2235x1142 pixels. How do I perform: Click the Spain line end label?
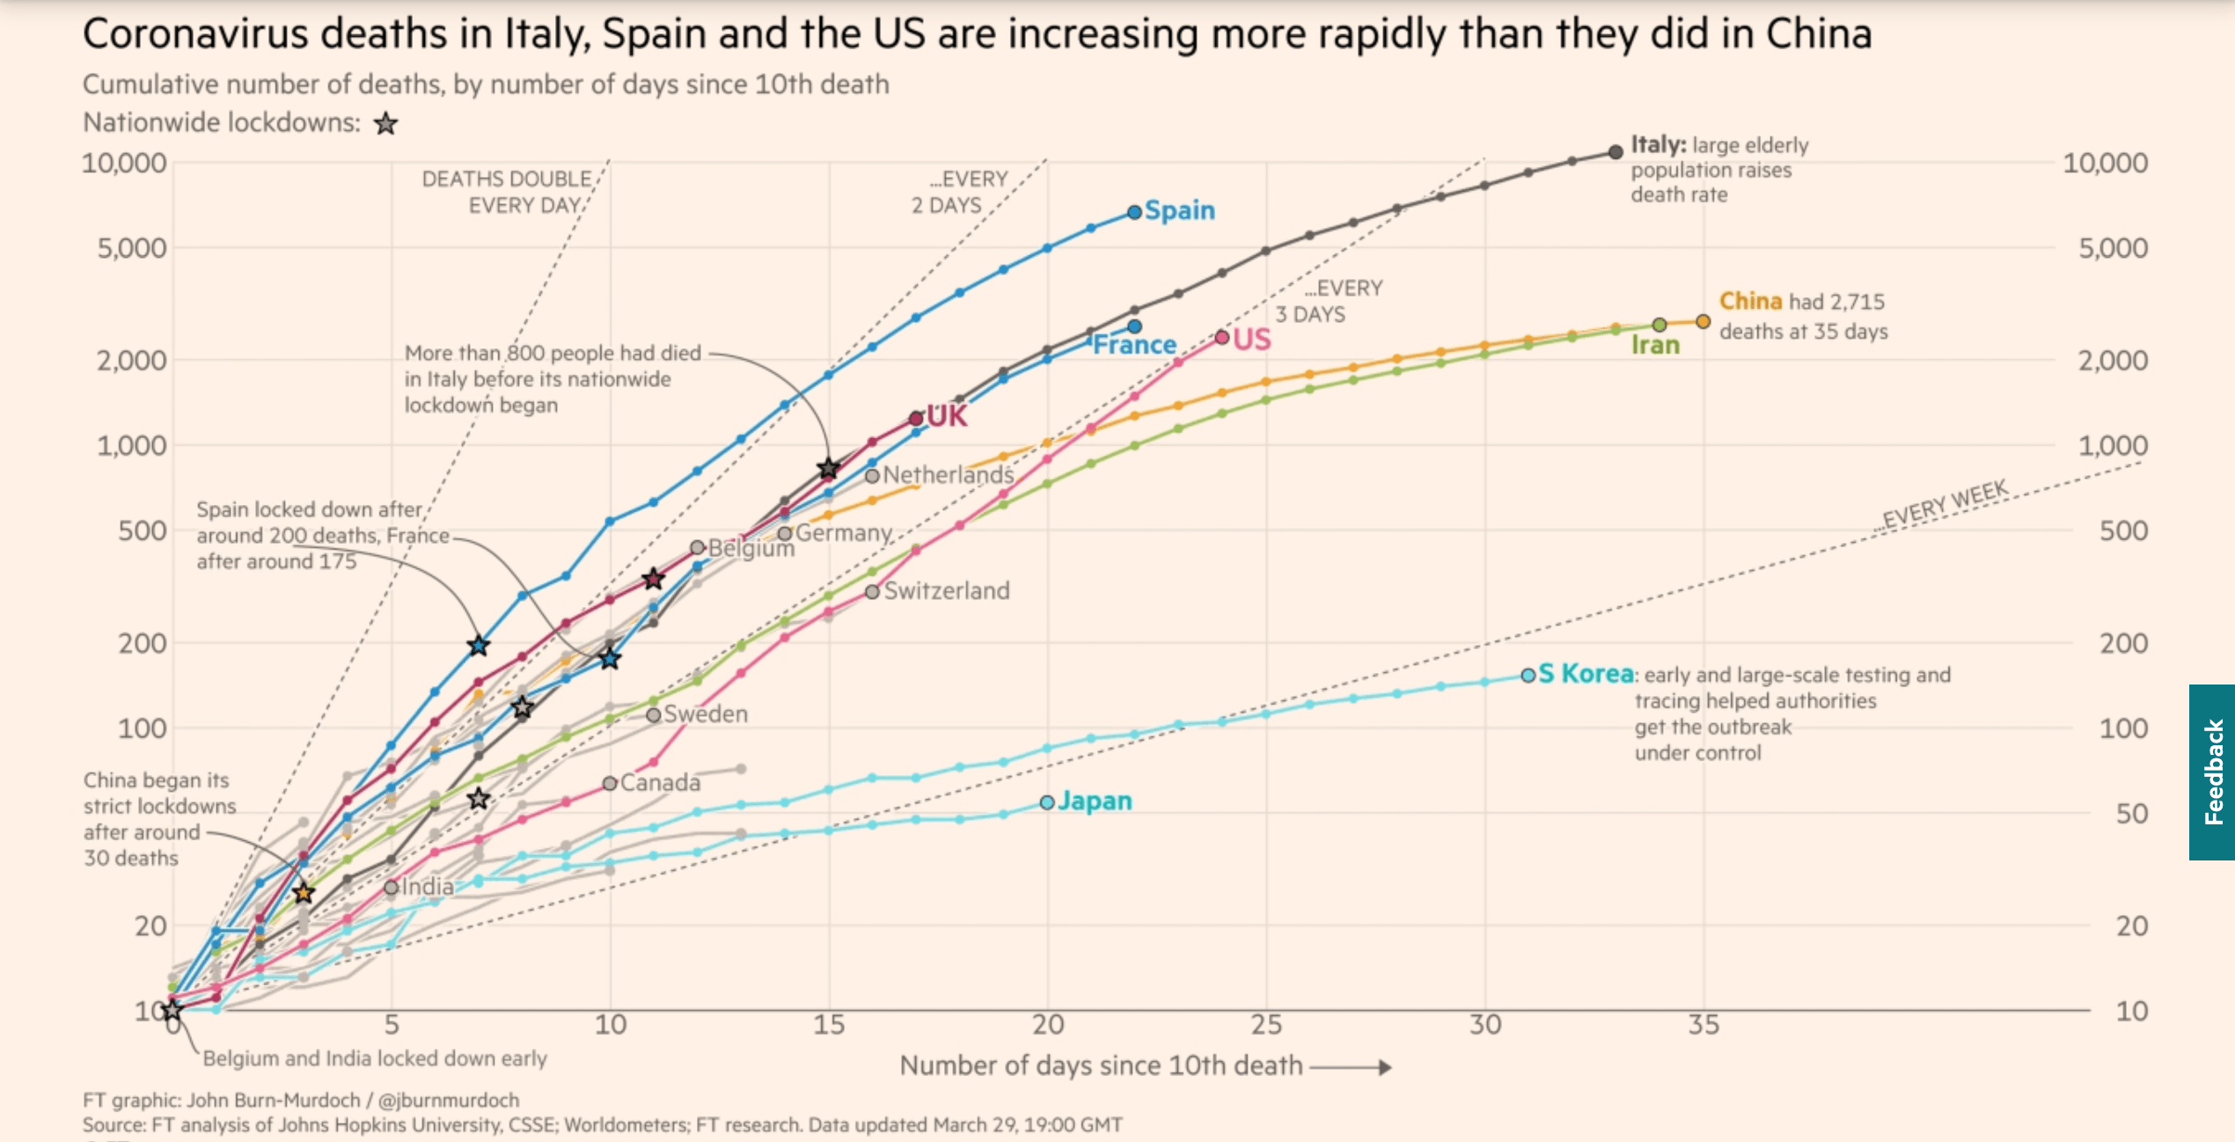click(1179, 210)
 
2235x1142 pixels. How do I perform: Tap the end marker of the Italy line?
click(1616, 151)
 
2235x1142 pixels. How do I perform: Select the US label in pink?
click(1252, 339)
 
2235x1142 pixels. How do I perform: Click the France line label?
click(1134, 344)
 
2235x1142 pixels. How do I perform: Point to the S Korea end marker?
click(1528, 675)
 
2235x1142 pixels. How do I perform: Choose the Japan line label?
click(1095, 801)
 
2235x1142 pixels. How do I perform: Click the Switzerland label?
click(947, 590)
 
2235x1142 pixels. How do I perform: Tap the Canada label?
click(660, 782)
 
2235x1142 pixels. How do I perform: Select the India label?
click(428, 886)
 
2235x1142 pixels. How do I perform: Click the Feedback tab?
click(2212, 772)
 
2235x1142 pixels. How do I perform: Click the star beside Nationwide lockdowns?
click(385, 123)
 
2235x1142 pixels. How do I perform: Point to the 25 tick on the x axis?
click(1266, 1025)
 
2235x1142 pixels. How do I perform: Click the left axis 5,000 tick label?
click(132, 248)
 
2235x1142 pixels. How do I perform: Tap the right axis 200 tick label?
click(2123, 643)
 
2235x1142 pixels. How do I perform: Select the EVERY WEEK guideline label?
click(1945, 504)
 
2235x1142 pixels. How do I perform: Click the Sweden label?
click(706, 714)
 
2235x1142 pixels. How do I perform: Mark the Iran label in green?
click(1655, 345)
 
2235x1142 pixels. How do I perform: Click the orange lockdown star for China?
click(304, 893)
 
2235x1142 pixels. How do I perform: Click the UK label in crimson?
click(947, 415)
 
